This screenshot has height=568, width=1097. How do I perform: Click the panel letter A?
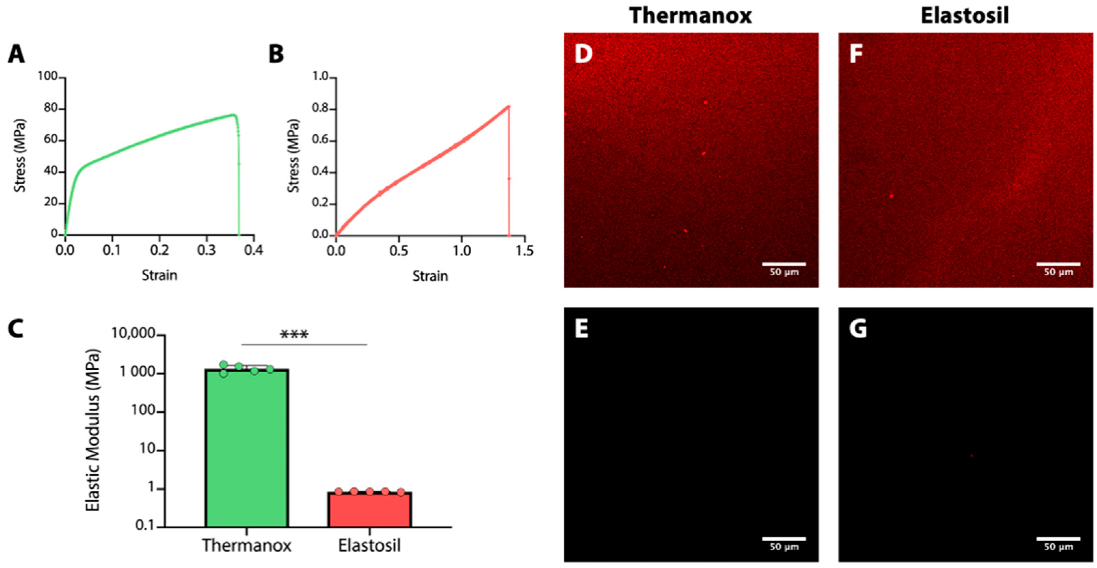coord(16,55)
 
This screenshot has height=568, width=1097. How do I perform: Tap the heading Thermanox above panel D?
coord(690,16)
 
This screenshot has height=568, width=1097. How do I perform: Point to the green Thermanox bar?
coord(247,447)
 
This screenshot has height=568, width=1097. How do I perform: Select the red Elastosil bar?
coord(369,509)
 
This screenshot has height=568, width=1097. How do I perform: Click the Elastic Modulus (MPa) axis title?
coord(93,431)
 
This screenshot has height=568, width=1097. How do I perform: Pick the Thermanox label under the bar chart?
coord(247,545)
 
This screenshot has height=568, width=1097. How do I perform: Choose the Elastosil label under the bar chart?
coord(369,545)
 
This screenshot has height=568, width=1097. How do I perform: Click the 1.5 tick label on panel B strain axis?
coord(524,251)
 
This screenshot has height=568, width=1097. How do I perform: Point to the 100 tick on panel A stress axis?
coord(48,77)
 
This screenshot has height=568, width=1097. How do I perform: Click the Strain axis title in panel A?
coord(159,275)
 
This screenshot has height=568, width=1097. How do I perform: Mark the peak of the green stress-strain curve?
coord(233,114)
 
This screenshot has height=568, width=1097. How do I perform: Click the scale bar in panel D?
coord(784,264)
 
